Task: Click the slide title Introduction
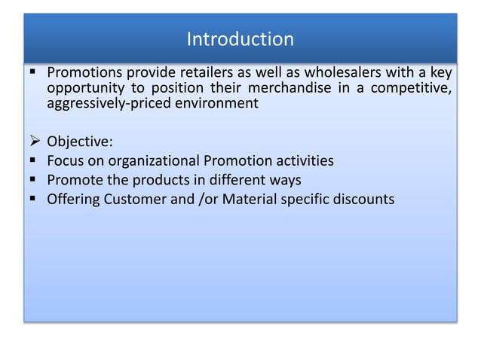240,38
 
